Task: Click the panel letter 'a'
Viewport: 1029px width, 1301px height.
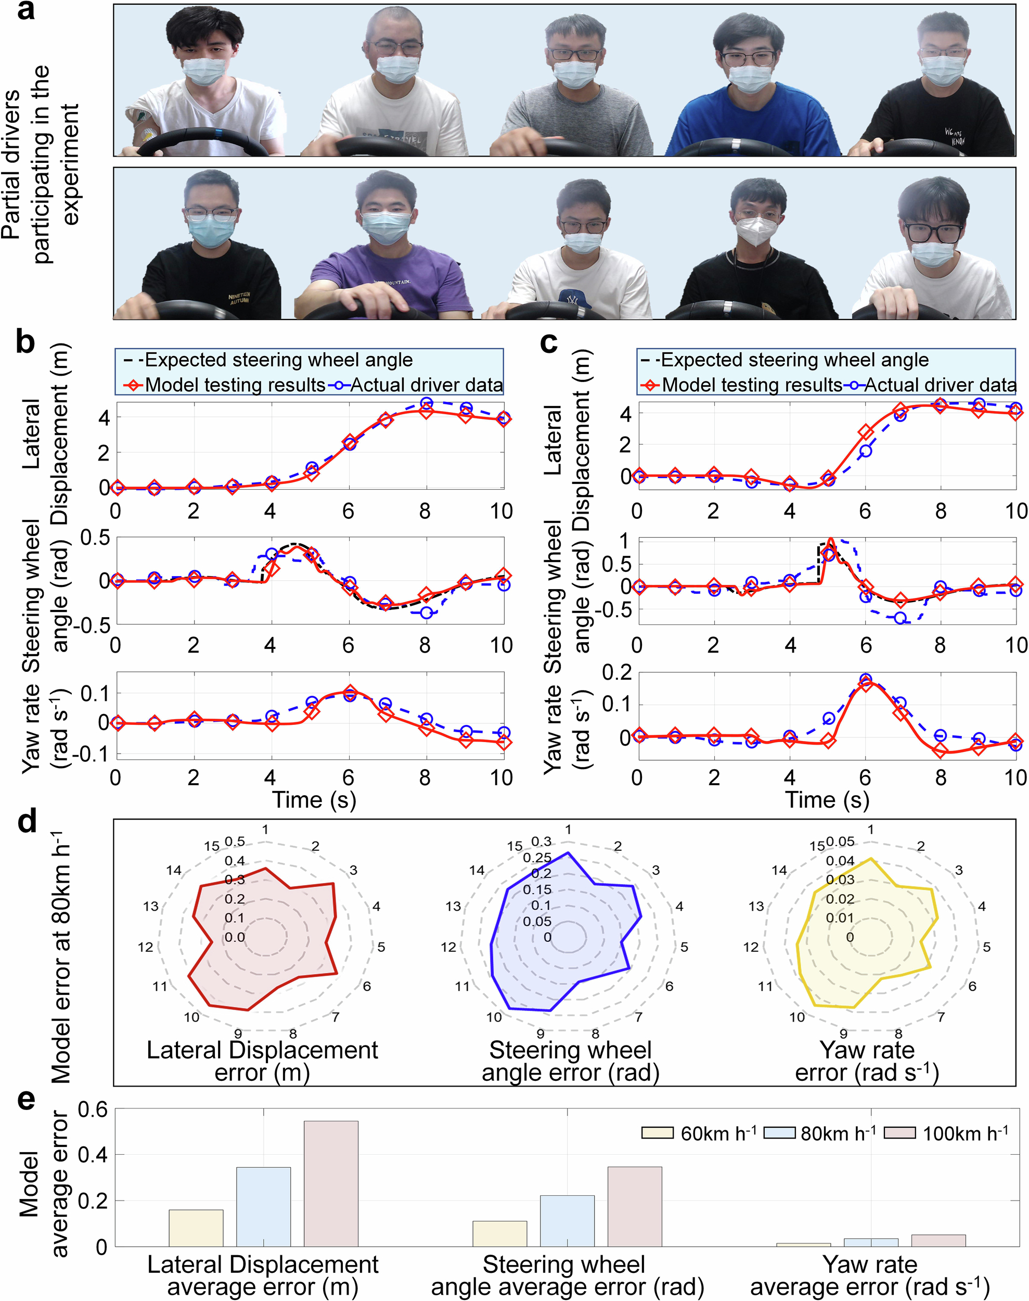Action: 25,11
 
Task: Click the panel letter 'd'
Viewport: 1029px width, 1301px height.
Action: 27,822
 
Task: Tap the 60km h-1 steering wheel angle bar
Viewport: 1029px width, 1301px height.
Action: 499,1233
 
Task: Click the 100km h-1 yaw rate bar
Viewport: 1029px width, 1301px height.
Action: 938,1240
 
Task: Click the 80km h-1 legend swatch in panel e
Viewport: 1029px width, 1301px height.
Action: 780,1133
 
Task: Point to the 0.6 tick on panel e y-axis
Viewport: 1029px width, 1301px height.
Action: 92,1109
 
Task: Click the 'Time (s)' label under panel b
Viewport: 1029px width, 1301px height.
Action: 314,800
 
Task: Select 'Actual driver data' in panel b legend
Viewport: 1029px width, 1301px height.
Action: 426,385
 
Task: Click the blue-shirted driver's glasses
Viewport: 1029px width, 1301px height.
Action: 748,58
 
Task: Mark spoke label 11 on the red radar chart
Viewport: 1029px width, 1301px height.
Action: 160,987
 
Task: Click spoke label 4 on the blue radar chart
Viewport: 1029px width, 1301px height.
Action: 679,907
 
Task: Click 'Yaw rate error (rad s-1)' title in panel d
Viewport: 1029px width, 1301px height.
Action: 868,1061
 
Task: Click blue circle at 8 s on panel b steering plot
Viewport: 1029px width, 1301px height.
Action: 427,612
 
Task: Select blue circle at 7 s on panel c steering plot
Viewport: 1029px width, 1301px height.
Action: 900,618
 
